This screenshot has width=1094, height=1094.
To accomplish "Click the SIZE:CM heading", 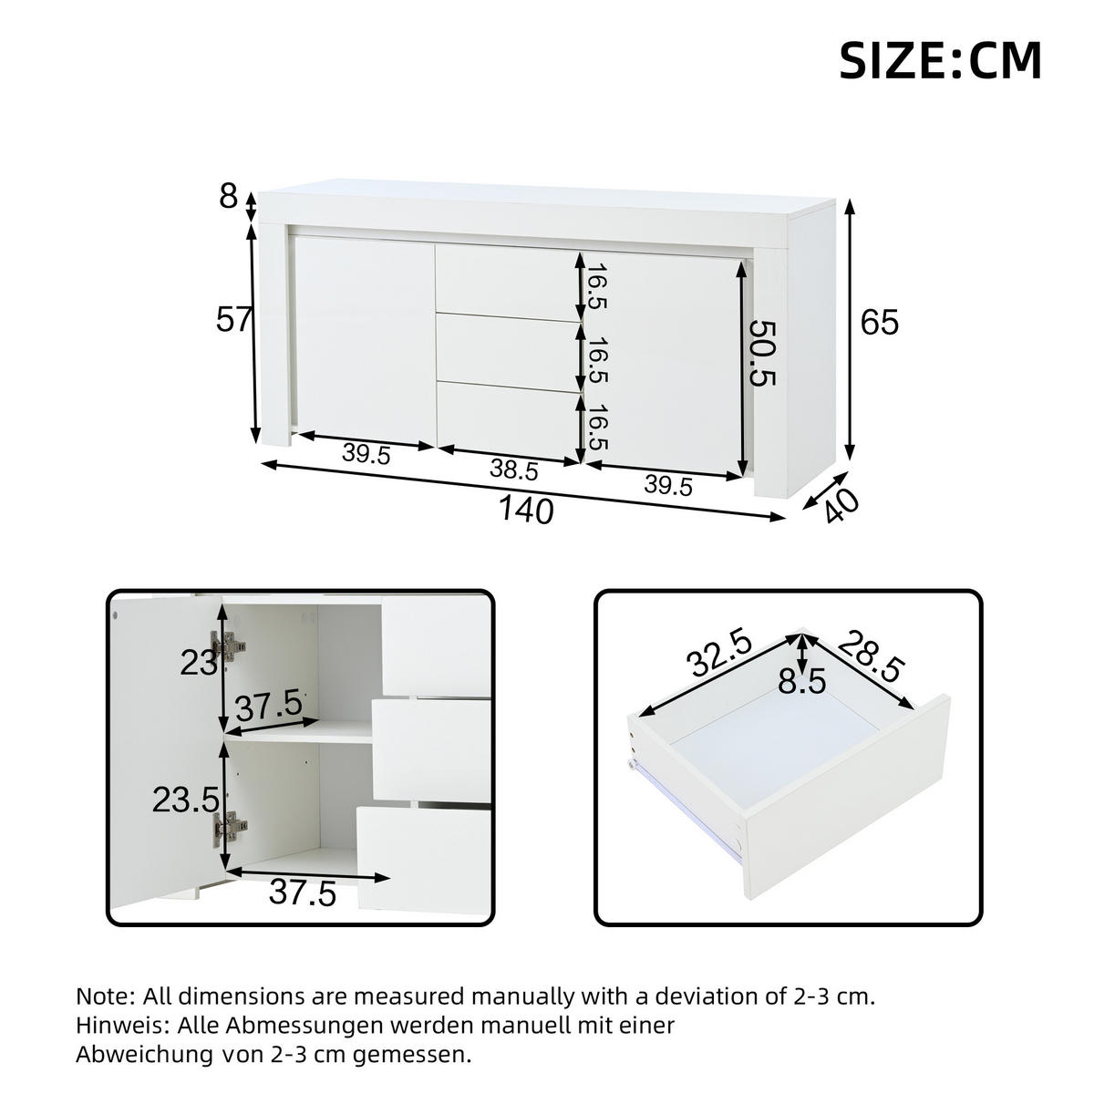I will click(x=940, y=61).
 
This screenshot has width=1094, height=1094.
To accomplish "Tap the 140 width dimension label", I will click(x=526, y=511).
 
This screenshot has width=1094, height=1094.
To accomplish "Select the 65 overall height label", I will click(x=880, y=323).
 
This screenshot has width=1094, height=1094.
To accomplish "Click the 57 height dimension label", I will click(x=233, y=320).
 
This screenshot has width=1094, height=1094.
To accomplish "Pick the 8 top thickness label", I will click(x=228, y=197).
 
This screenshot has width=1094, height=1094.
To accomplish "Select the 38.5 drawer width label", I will click(x=514, y=470).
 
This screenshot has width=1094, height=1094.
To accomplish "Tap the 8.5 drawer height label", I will click(x=802, y=680).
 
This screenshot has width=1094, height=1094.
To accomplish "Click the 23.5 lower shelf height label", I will click(x=186, y=800).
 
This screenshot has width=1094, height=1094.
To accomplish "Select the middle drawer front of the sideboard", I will click(x=507, y=353).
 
